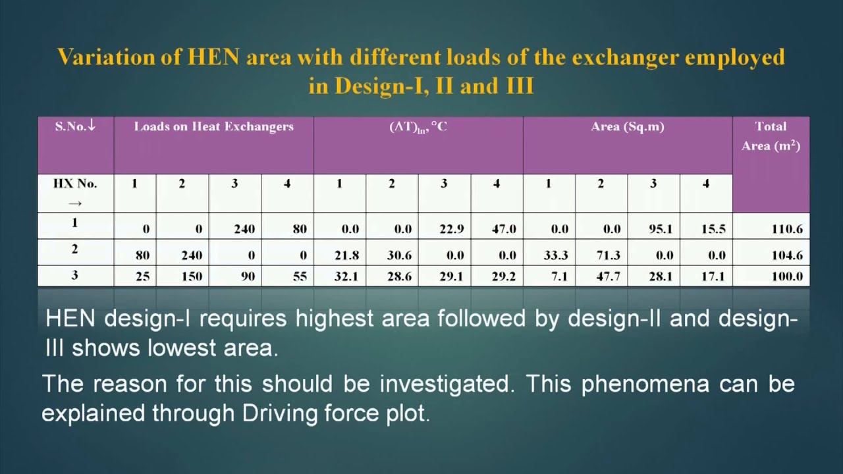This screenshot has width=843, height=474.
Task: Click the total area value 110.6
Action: click(786, 229)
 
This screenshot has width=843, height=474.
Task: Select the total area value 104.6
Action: click(786, 255)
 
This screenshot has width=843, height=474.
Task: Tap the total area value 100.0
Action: click(786, 276)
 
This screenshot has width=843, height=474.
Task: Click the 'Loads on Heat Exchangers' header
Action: click(213, 126)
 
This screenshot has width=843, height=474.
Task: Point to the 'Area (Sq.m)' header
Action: click(627, 126)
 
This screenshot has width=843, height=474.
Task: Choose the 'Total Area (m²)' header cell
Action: click(771, 136)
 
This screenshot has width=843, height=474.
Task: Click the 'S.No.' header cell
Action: click(75, 126)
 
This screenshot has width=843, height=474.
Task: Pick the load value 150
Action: click(192, 276)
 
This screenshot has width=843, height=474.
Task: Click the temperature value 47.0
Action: click(503, 229)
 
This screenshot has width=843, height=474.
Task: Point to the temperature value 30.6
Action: click(399, 255)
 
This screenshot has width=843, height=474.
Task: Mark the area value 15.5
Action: click(713, 229)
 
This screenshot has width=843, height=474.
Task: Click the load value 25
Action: click(143, 276)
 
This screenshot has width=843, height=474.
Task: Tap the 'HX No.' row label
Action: click(75, 184)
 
